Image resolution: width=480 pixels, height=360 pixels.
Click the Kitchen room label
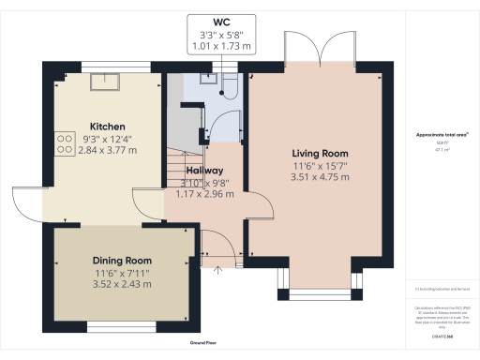[108, 127]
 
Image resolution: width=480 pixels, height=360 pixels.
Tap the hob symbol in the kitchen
[66, 142]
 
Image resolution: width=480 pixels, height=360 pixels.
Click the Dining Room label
[122, 260]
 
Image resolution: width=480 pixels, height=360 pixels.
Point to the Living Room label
[320, 153]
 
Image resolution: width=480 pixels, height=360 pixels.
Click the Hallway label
[203, 171]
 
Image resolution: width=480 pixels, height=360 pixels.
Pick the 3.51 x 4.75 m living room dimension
[320, 175]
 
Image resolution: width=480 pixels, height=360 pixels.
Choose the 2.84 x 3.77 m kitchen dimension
[108, 148]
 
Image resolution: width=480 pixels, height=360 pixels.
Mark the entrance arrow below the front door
[219, 269]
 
